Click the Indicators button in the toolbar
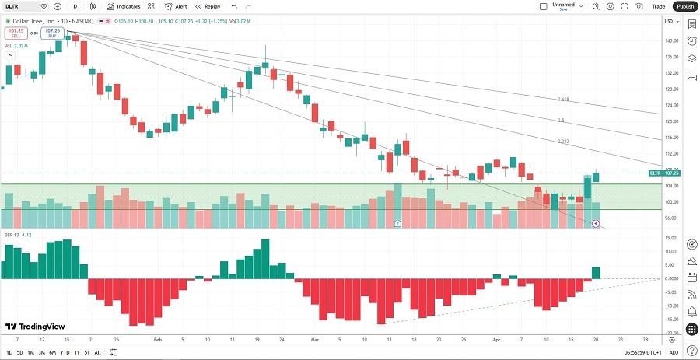pos(124,6)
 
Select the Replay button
pos(208,6)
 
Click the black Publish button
pos(684,6)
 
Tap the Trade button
pos(659,6)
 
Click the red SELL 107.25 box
pos(15,33)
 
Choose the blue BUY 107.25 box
pos(52,33)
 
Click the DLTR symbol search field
pos(21,6)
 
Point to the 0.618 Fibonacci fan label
pos(563,100)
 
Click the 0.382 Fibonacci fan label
pos(563,142)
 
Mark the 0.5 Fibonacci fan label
pos(562,121)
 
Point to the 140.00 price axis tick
pos(671,41)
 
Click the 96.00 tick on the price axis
pos(670,218)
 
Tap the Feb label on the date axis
pos(157,340)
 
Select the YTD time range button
pos(65,352)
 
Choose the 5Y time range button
pos(86,352)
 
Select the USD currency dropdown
pos(670,21)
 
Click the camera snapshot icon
pos(639,6)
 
